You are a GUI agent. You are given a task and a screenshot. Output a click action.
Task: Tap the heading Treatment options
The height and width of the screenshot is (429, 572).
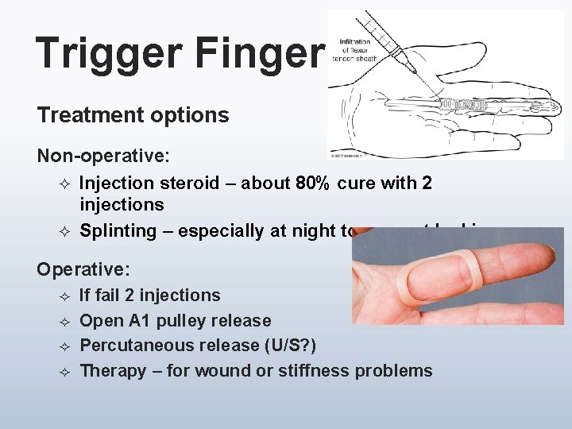[x=133, y=115]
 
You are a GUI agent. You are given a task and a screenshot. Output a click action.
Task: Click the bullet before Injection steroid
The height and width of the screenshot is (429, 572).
[x=66, y=184]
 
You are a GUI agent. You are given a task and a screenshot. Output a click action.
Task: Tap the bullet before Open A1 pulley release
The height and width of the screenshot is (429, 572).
[x=66, y=321]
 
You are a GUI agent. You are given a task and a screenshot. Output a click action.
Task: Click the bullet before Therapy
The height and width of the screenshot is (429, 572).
[x=66, y=371]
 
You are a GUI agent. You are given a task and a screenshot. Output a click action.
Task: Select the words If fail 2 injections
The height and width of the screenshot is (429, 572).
[x=150, y=296]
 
